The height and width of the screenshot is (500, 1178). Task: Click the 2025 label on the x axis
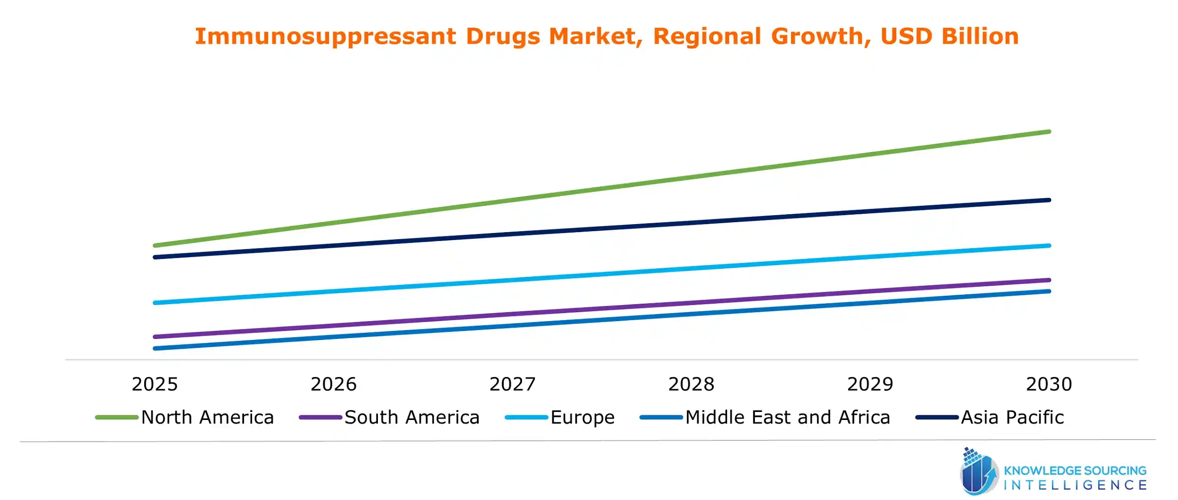155,384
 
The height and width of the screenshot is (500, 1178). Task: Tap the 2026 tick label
333,384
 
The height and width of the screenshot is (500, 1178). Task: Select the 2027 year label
512,384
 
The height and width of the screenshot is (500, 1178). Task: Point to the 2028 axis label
691,384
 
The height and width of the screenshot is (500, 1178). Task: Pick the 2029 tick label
870,384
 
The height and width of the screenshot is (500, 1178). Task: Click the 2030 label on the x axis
1049,384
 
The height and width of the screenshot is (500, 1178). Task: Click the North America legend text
207,418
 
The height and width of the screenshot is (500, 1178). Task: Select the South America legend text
412,418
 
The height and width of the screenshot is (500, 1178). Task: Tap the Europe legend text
582,418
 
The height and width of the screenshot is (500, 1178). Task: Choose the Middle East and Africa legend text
787,418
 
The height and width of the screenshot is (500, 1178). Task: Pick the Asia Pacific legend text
1012,418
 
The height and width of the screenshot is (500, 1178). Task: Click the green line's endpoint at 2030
1049,132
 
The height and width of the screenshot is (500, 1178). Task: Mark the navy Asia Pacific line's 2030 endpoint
1049,200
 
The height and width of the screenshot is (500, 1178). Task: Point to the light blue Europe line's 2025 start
155,303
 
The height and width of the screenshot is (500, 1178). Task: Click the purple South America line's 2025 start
155,337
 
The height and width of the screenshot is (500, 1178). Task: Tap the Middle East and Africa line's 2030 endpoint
1049,291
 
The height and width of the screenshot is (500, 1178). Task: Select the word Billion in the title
980,36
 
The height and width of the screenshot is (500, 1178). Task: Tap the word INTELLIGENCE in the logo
1075,485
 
